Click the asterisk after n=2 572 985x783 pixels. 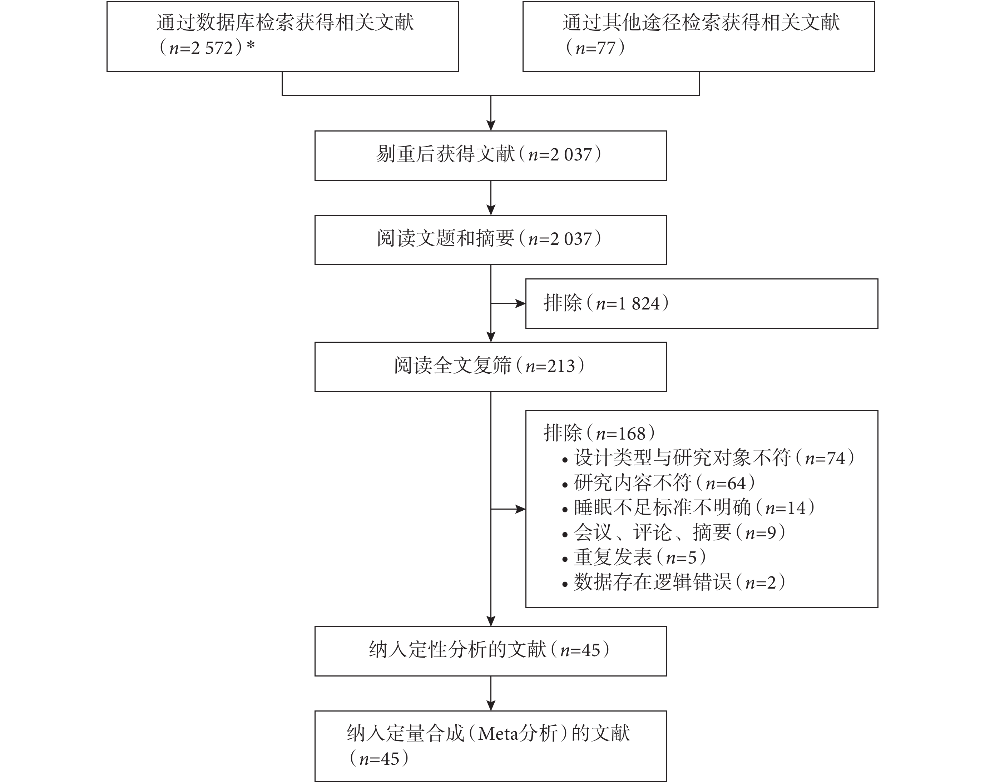click(251, 45)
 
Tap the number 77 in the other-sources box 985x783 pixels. click(606, 48)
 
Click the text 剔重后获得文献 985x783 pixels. click(445, 154)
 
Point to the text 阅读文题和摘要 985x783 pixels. click(445, 238)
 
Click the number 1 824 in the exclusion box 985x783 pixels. click(639, 303)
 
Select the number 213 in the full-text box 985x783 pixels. click(561, 366)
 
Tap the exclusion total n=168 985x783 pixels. click(620, 433)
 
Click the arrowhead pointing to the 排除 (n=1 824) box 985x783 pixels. click(521, 303)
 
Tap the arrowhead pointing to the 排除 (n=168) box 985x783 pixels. click(521, 509)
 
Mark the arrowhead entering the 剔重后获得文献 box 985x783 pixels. click(491, 126)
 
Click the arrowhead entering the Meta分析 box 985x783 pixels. click(491, 706)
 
